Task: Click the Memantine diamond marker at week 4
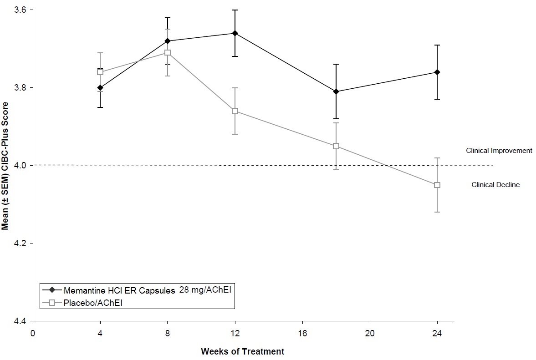100,88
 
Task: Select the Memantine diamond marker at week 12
235,33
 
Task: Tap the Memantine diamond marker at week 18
336,91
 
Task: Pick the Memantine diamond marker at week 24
437,72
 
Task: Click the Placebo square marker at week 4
100,72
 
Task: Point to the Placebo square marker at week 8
168,52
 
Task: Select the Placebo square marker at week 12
235,111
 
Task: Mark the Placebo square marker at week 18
336,146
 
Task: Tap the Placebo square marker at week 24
437,185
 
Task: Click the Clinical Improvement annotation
499,151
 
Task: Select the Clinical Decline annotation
495,185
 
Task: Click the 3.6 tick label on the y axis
20,10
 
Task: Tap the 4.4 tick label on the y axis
20,321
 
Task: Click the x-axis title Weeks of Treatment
243,351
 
